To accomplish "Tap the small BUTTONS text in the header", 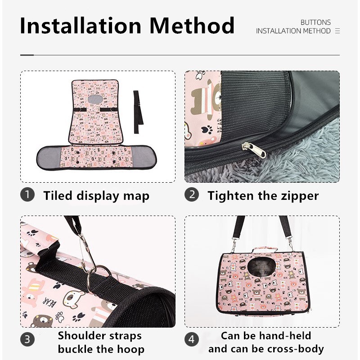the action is click(x=315, y=22).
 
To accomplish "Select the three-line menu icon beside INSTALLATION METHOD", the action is click(x=337, y=31).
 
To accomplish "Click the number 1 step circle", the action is click(x=27, y=195).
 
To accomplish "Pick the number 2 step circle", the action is click(x=192, y=195).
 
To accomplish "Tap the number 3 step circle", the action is click(x=27, y=339).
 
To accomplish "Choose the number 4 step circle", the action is click(x=192, y=339).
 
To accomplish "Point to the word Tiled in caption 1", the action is click(x=58, y=195).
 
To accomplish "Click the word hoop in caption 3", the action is click(x=130, y=350).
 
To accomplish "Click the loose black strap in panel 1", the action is click(x=138, y=112).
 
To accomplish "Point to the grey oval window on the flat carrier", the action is click(x=95, y=99).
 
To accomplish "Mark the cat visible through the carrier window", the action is click(x=262, y=267).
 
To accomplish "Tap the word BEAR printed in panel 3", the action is click(x=49, y=302).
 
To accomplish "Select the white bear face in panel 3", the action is click(x=73, y=299).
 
